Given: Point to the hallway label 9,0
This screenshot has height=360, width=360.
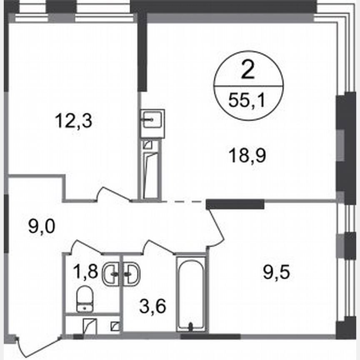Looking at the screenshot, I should tap(42, 227).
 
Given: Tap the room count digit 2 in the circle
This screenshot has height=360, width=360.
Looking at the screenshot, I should tap(248, 71).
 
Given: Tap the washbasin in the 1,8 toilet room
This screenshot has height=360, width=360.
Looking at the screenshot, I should tap(110, 274).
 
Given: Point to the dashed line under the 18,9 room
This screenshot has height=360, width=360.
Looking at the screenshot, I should tap(183, 201).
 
